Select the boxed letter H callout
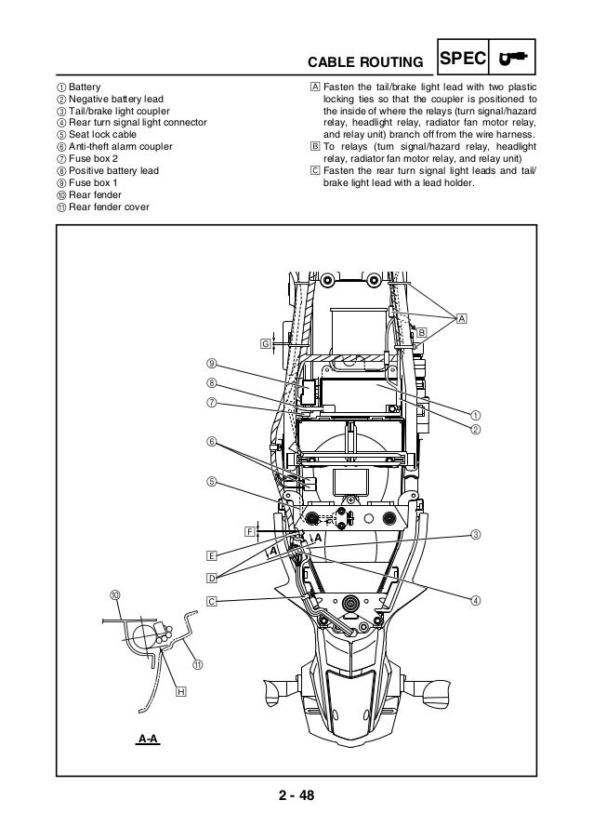180,691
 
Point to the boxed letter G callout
265,343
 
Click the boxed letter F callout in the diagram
250,531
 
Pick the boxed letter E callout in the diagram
212,555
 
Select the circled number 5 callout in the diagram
212,481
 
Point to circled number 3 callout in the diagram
475,534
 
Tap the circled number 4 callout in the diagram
475,599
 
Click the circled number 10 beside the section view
114,593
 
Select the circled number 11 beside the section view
197,664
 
